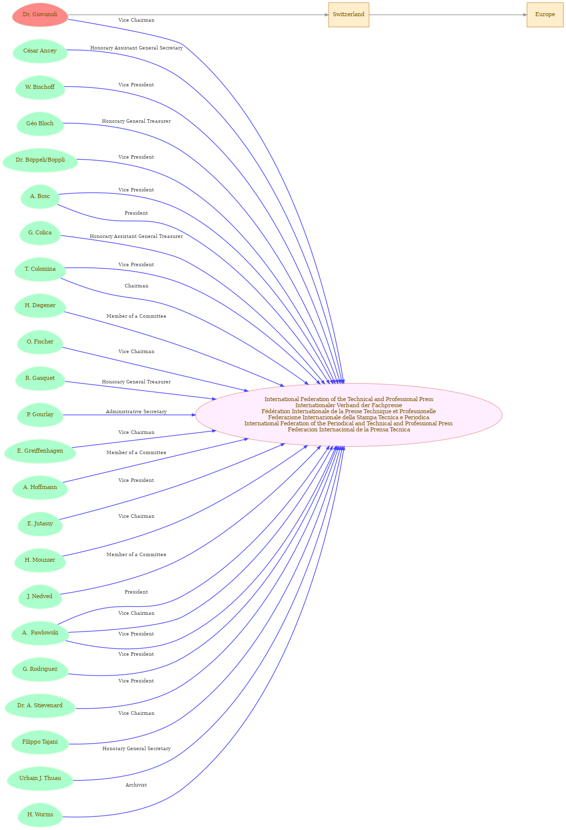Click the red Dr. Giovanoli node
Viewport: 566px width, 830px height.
pos(40,15)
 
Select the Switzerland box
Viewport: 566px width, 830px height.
pos(348,15)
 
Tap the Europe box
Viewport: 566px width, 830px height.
pos(545,15)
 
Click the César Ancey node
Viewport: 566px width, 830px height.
pos(40,51)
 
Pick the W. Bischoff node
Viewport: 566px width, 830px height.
pos(40,87)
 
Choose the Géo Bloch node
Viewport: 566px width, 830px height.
pos(40,124)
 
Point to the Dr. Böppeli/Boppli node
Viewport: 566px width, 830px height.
pos(40,160)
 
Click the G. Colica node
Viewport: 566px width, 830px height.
pos(40,233)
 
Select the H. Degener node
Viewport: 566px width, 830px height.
pos(40,305)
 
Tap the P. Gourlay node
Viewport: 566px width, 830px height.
pos(40,415)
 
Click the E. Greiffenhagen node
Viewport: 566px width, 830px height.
pos(40,451)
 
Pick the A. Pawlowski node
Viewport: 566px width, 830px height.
pos(40,633)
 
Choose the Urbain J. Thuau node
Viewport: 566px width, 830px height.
pos(40,778)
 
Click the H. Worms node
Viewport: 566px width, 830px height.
pos(40,814)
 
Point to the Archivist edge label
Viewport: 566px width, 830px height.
pos(136,785)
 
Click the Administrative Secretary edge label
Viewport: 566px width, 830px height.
pos(136,412)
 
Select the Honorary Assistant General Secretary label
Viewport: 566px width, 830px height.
pos(136,48)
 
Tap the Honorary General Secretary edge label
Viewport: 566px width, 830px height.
pos(136,749)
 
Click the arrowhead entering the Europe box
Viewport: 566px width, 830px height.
pos(525,15)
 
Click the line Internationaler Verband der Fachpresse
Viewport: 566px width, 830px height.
pos(348,405)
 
